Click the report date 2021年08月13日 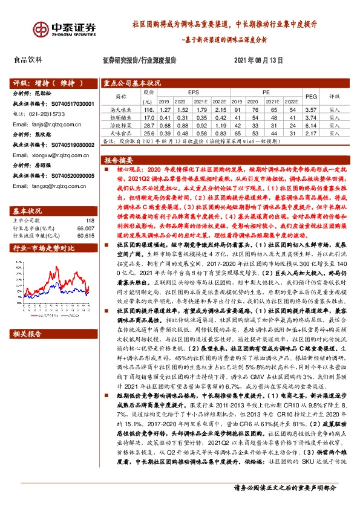[258, 60]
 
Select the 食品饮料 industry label [28, 60]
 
